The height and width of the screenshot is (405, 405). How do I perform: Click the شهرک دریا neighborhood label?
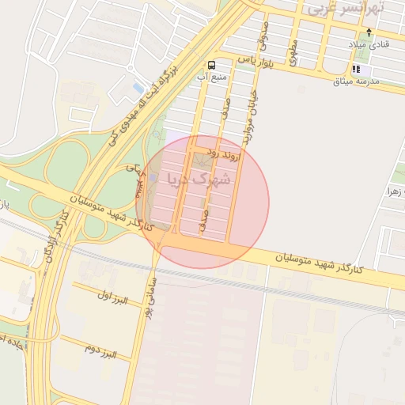coord(200,179)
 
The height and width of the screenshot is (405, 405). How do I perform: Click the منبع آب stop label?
coord(211,78)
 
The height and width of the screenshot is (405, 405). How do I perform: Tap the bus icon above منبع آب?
coord(211,65)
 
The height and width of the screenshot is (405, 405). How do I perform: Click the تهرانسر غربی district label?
coord(346,9)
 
